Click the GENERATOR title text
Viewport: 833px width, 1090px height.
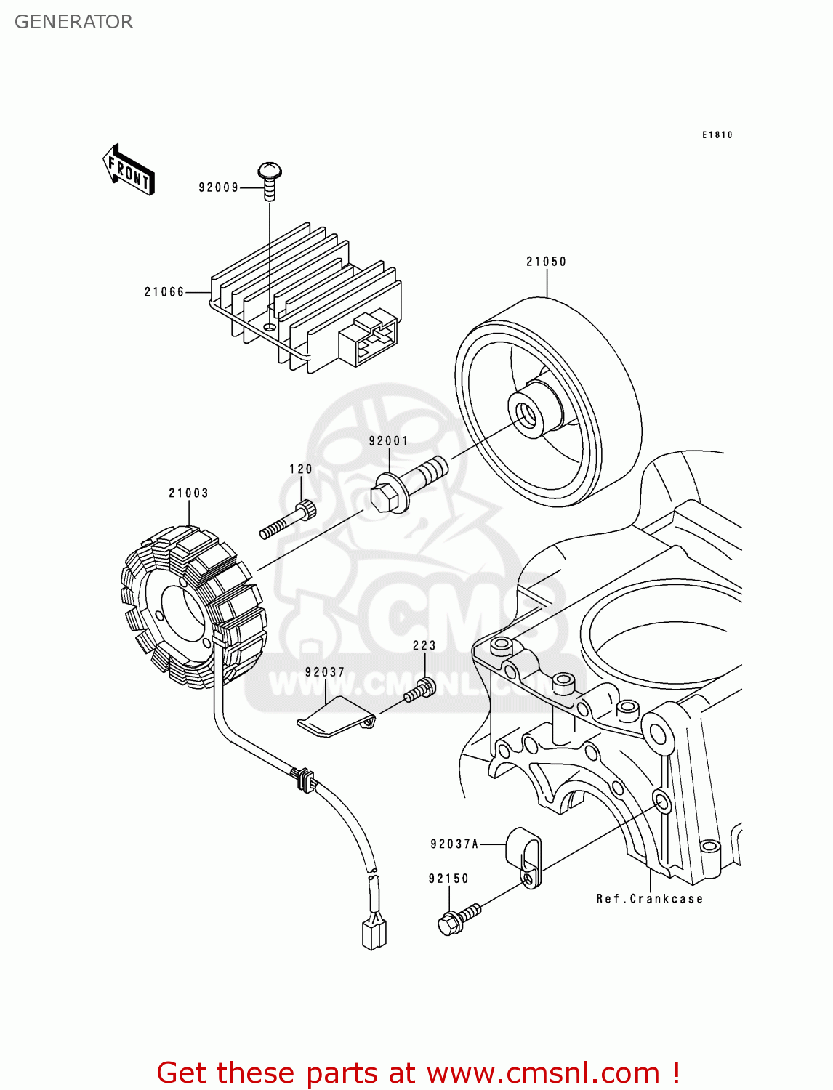[x=73, y=22]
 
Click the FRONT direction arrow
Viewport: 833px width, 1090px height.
[x=129, y=171]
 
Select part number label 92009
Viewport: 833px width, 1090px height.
[x=218, y=187]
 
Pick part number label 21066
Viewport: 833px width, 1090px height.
[x=164, y=292]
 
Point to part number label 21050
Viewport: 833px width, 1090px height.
[x=546, y=262]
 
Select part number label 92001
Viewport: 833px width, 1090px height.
[x=388, y=441]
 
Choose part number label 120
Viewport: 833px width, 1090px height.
[x=300, y=469]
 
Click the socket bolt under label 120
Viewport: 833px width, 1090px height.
[x=288, y=521]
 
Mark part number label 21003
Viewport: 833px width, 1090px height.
[x=188, y=493]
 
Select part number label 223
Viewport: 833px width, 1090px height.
[x=424, y=645]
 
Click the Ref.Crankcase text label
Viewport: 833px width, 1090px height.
[x=649, y=899]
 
